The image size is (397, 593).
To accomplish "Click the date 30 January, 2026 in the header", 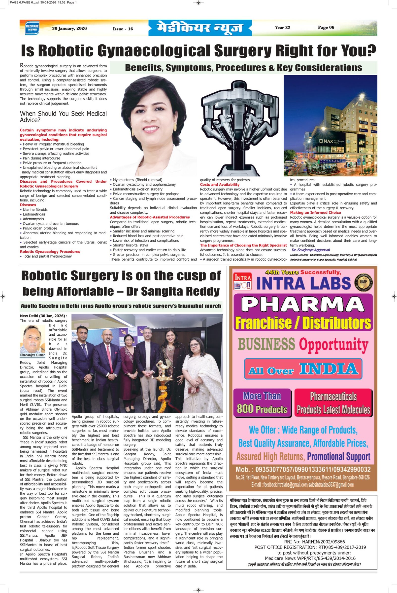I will (x=69, y=28).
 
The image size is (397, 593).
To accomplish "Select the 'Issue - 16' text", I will (x=123, y=29).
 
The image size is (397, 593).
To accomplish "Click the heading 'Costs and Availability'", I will (x=220, y=185).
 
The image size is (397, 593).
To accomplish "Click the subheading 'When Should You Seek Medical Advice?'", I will (x=63, y=116).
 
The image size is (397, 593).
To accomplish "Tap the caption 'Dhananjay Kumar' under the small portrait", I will (x=33, y=355).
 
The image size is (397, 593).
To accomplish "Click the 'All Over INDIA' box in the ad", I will (x=303, y=369).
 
